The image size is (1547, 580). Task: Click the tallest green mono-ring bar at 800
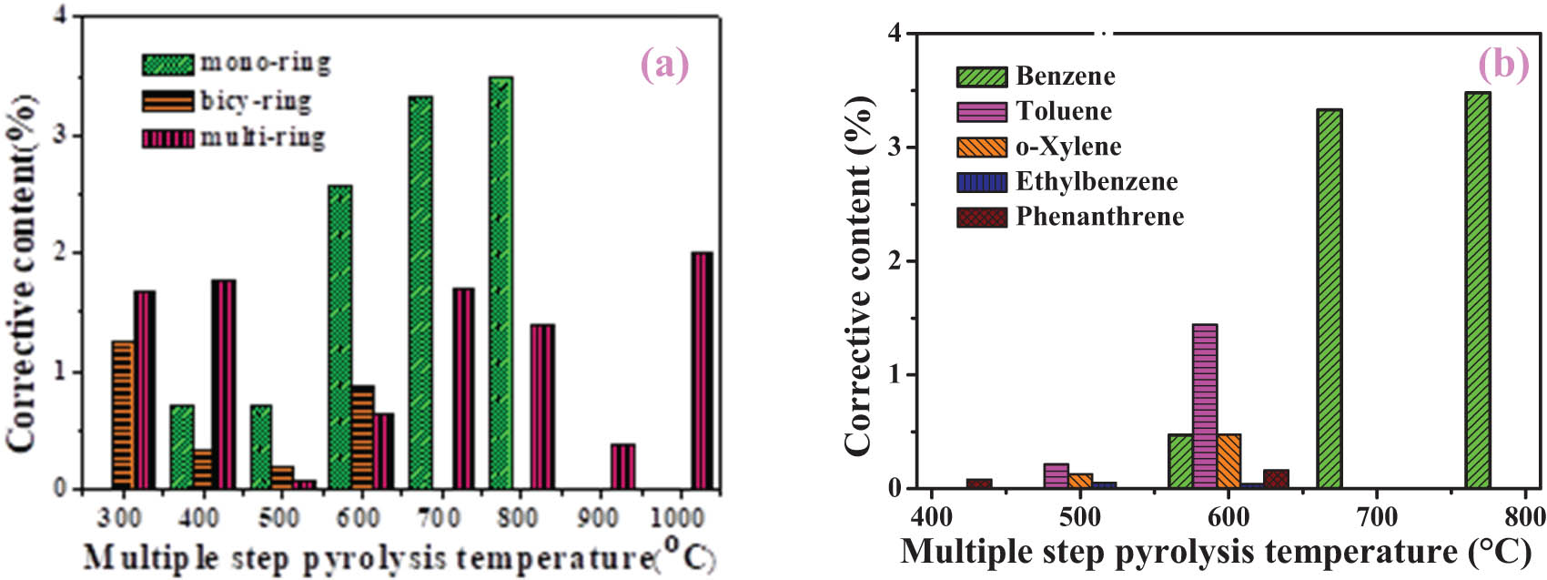coord(500,282)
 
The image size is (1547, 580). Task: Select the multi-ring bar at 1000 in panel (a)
coord(702,371)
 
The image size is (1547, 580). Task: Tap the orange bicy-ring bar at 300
coord(123,414)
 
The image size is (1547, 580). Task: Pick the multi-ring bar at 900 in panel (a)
coord(622,466)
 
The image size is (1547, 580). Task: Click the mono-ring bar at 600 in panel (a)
coord(339,337)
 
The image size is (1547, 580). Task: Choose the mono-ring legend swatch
coord(167,65)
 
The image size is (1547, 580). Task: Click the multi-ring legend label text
coord(263,138)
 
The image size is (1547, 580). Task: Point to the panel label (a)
coord(664,65)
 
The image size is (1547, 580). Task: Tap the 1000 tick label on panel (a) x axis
coord(678,517)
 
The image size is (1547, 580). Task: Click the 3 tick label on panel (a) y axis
coord(65,136)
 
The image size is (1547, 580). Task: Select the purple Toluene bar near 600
coord(1204,405)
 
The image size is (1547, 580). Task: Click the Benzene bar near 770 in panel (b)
coord(1478,290)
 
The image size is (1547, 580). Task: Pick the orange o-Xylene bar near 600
coord(1228,461)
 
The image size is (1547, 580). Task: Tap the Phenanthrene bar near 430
coord(979,483)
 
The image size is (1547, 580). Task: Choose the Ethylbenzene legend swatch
coord(981,182)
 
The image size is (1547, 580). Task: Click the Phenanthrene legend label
coord(1099,217)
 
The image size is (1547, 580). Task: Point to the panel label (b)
coord(1503,65)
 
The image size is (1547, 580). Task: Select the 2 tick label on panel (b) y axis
coord(894,261)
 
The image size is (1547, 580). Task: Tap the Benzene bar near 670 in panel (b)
coord(1329,299)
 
